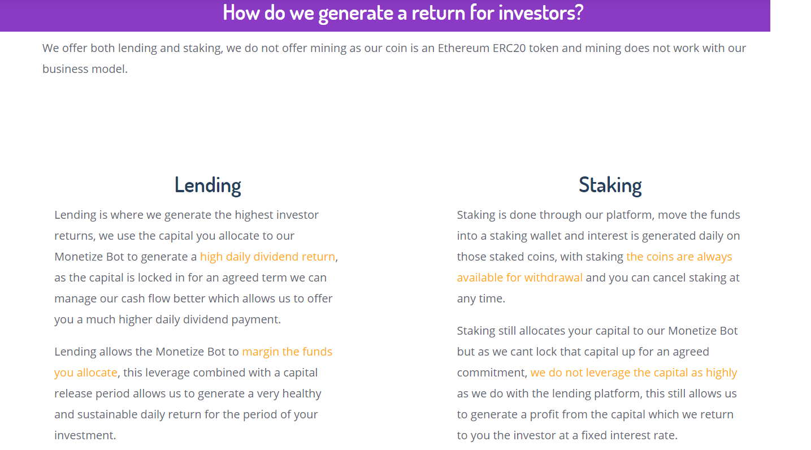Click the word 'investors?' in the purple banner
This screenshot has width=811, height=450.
tap(541, 12)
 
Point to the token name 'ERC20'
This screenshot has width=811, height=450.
tap(509, 48)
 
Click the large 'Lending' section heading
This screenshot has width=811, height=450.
tap(208, 185)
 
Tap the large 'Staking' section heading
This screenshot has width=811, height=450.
tap(610, 185)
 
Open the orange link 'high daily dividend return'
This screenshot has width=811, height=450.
tap(267, 257)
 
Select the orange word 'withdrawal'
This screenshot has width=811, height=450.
tap(553, 278)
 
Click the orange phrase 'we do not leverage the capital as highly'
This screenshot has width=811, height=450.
tap(634, 373)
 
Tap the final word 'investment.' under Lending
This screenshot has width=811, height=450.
tap(85, 435)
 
